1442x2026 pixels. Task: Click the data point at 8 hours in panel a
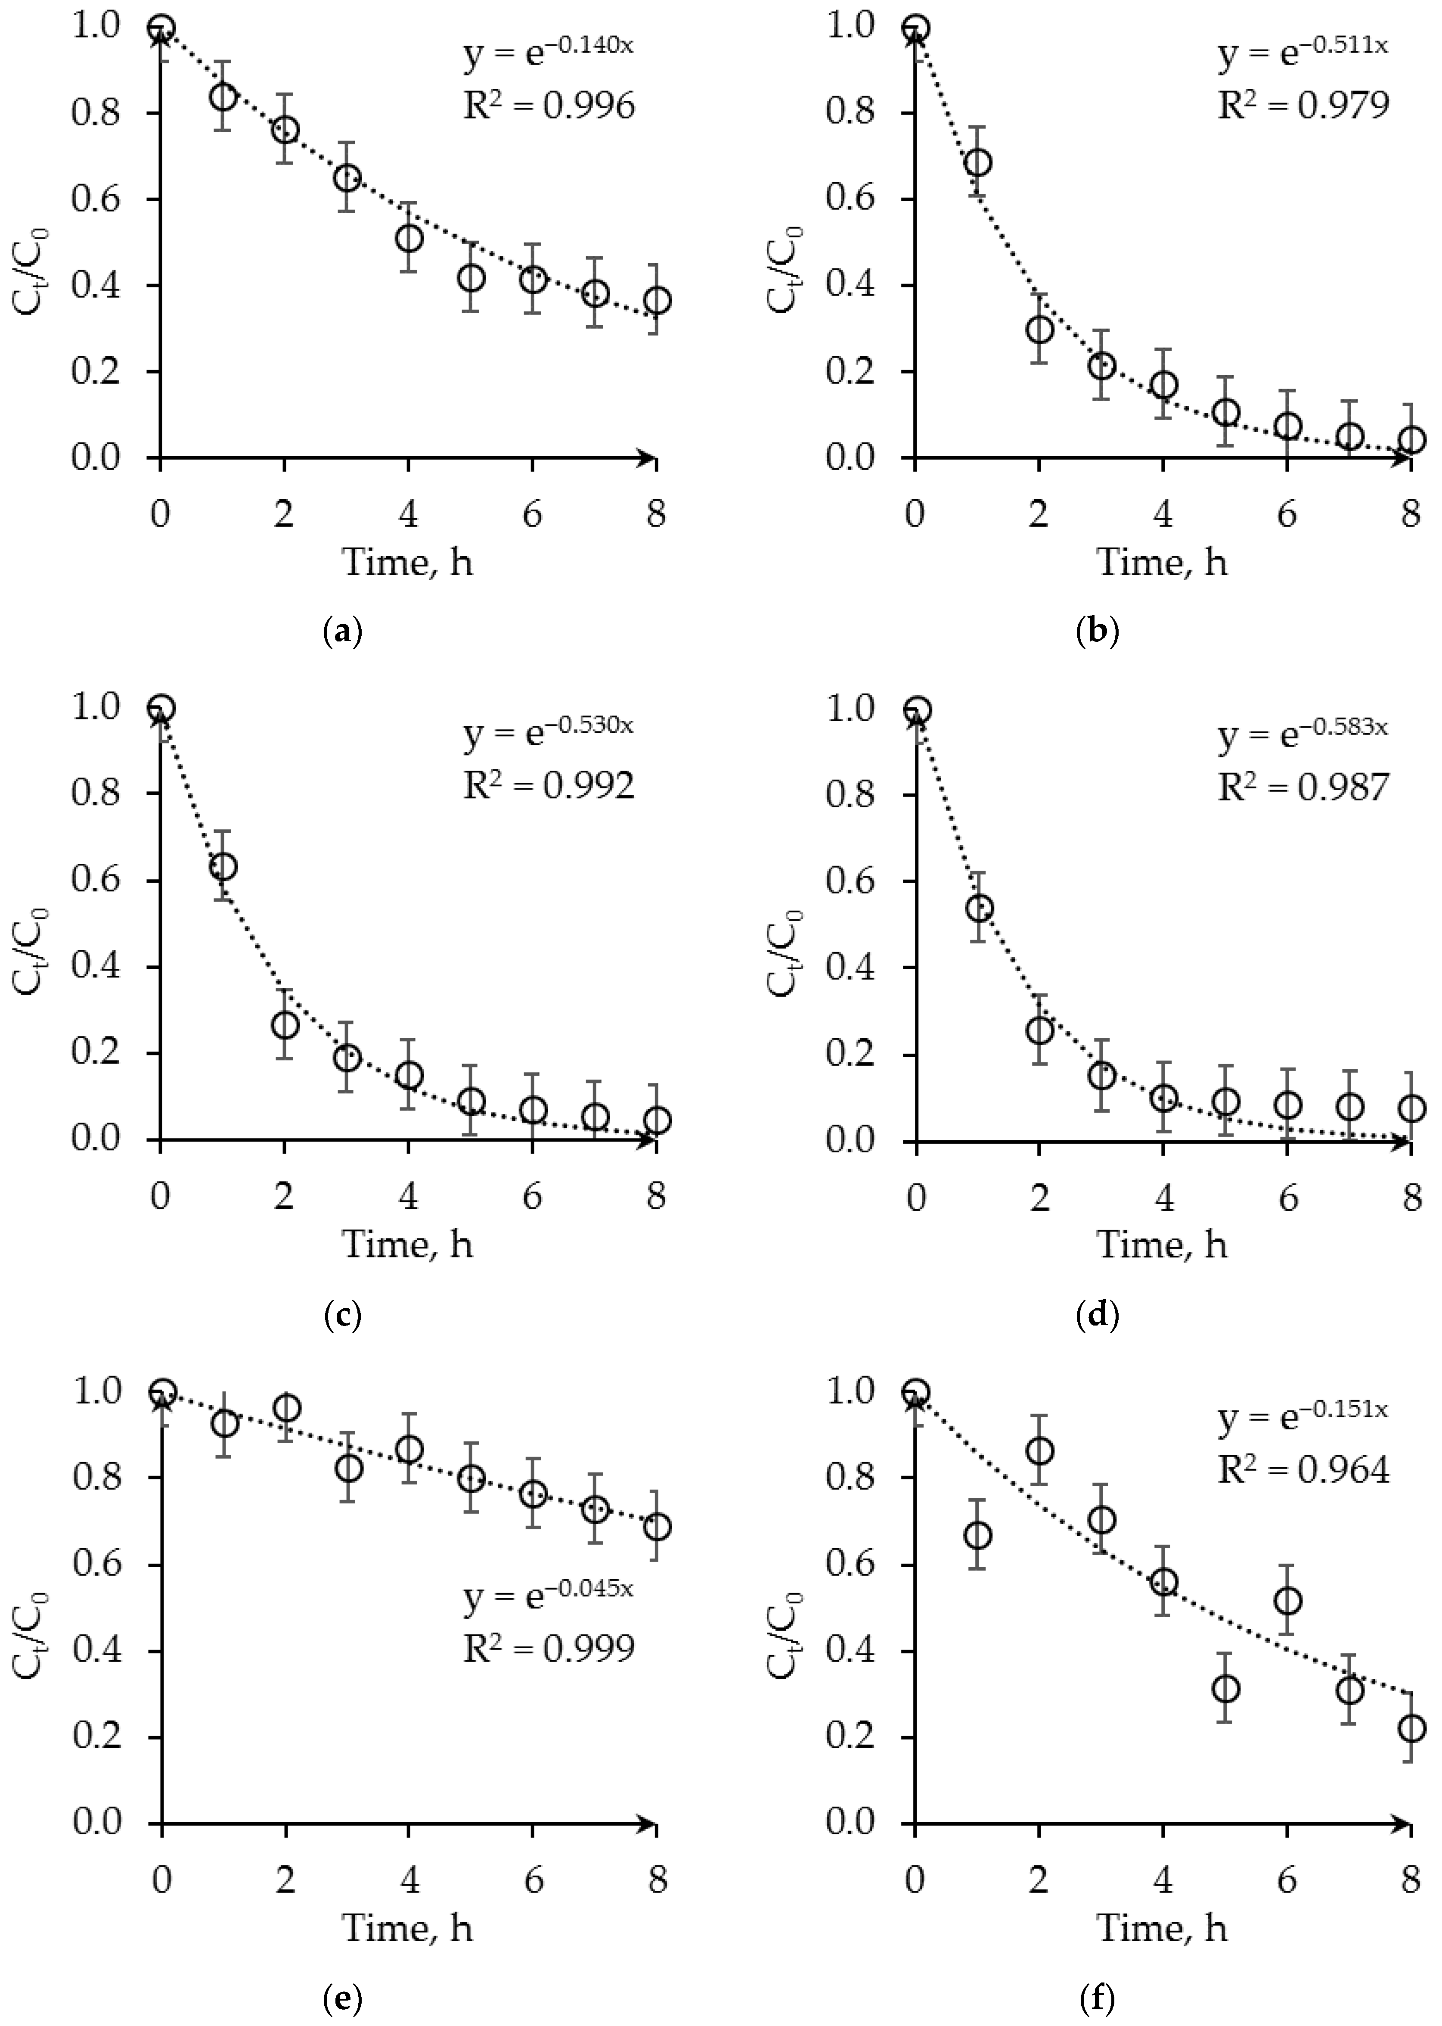[x=656, y=300]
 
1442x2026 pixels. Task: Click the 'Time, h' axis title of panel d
[x=1162, y=1245]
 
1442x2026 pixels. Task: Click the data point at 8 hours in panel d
[x=1411, y=1108]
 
